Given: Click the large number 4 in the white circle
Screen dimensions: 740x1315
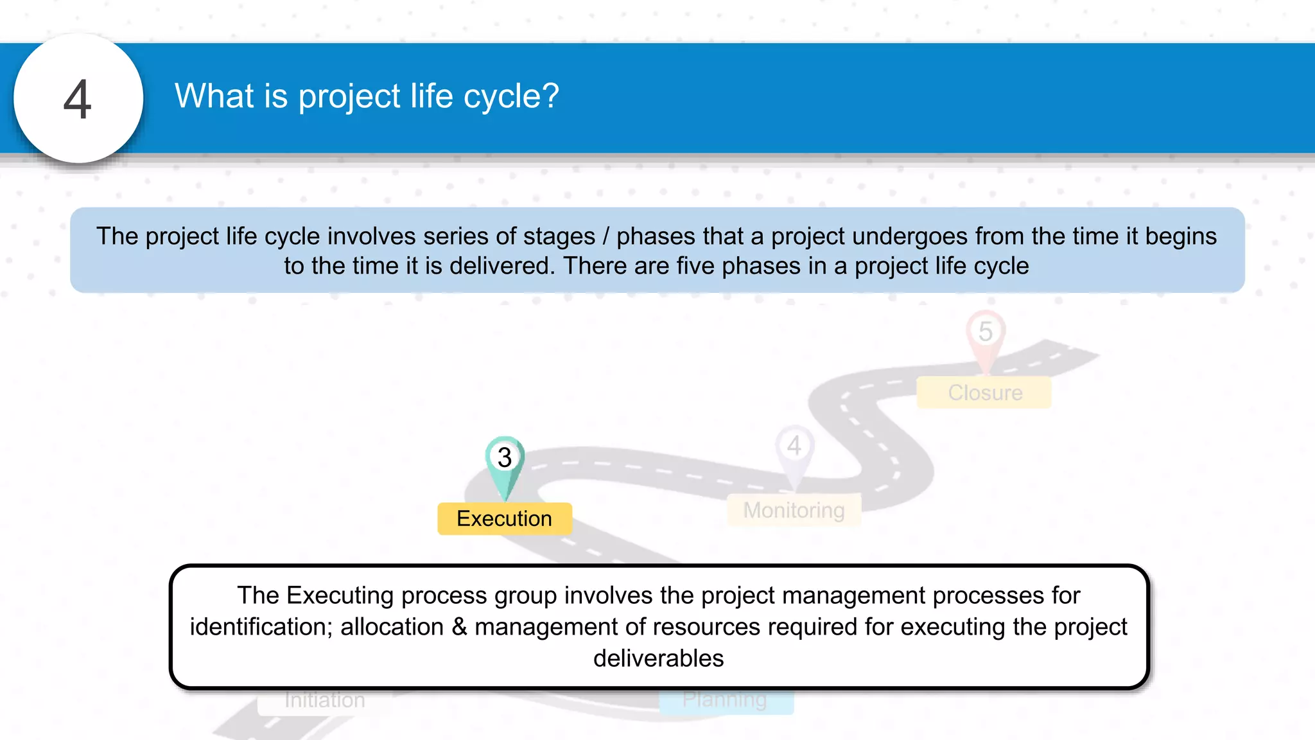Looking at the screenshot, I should (x=78, y=100).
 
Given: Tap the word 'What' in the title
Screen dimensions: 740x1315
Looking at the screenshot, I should (x=214, y=96).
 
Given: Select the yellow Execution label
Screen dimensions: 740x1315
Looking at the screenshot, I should (x=504, y=518).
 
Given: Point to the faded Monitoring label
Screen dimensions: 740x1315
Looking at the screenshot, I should (x=794, y=511).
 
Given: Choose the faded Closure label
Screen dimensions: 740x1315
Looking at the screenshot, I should (x=984, y=392).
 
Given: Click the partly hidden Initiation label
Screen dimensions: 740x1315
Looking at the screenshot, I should (x=324, y=701).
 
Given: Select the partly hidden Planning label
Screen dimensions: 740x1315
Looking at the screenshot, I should (x=725, y=701).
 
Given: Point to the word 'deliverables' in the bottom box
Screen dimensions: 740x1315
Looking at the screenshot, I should (x=658, y=658).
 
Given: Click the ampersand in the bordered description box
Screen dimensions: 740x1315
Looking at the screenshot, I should (x=459, y=627).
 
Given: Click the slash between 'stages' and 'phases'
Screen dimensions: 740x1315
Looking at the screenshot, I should (x=605, y=236).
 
